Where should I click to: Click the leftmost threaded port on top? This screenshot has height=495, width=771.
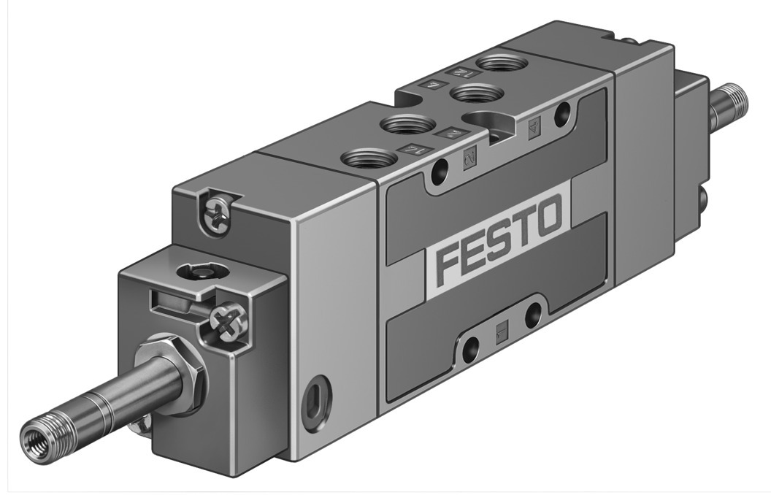click(365, 158)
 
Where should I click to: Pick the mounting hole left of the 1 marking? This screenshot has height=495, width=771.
click(470, 349)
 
